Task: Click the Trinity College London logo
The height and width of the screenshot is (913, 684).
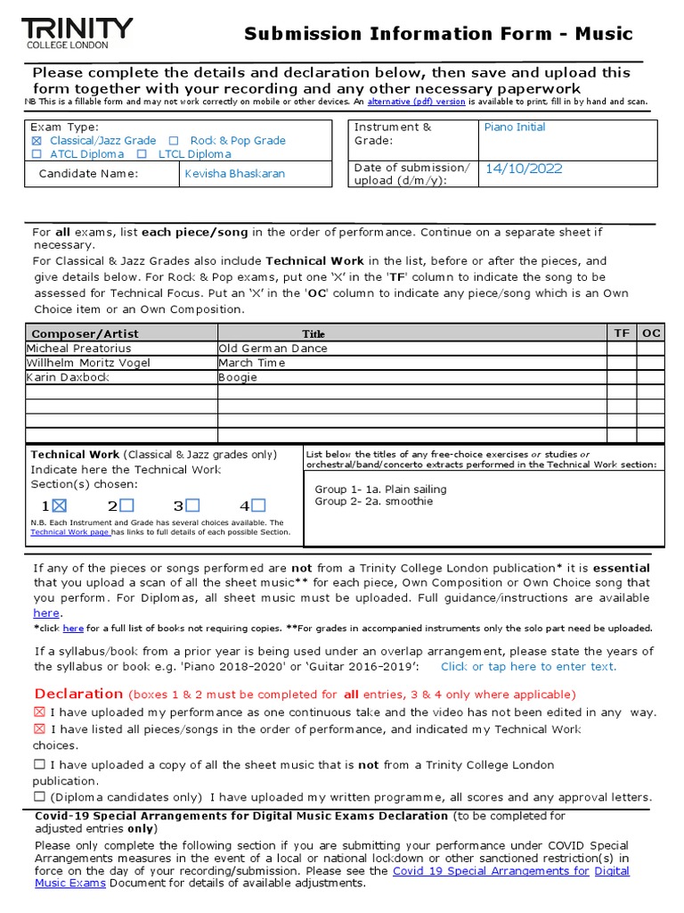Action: click(77, 33)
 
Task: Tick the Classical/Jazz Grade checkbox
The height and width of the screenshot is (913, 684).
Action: click(37, 141)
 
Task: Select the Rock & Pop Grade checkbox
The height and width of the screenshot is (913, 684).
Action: click(174, 141)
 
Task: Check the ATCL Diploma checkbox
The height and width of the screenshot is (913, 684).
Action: click(37, 154)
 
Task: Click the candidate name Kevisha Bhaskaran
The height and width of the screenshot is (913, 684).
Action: click(234, 174)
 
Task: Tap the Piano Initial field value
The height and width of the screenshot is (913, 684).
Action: click(515, 127)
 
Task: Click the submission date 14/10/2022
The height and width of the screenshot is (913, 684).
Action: click(523, 169)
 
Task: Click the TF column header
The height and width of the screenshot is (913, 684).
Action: click(622, 333)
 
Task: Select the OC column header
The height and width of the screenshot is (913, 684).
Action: click(651, 333)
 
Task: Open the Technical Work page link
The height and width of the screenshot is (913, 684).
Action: click(70, 532)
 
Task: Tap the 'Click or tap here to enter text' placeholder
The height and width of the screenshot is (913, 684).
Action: click(528, 666)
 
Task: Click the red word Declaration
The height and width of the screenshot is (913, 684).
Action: click(78, 694)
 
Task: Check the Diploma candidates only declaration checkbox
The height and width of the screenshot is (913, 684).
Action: click(39, 797)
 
